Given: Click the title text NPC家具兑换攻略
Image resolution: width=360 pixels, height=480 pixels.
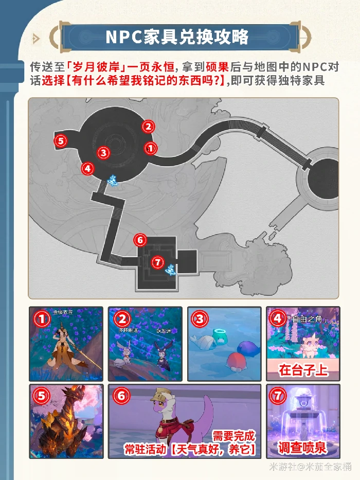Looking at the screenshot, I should click(x=177, y=37).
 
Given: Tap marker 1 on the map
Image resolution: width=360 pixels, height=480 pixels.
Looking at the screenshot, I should click(x=150, y=148).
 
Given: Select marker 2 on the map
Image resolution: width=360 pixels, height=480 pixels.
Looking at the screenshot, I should click(x=148, y=126).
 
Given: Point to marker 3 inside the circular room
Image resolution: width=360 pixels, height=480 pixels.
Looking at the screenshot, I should click(x=103, y=152).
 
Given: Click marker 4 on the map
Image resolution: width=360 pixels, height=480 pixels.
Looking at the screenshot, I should click(x=87, y=168).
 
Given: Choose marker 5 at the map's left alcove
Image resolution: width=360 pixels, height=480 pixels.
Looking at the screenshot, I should click(x=61, y=140).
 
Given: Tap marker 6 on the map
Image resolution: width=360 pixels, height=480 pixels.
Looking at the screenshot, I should click(x=140, y=240).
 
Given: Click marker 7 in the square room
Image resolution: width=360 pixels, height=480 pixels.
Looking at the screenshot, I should click(x=158, y=262).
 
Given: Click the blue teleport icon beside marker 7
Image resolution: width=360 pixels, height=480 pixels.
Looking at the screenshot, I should click(x=171, y=269).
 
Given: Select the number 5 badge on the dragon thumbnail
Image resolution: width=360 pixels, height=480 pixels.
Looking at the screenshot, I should click(x=41, y=396).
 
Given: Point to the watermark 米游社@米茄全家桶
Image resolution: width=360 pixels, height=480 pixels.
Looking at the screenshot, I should click(x=311, y=466).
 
